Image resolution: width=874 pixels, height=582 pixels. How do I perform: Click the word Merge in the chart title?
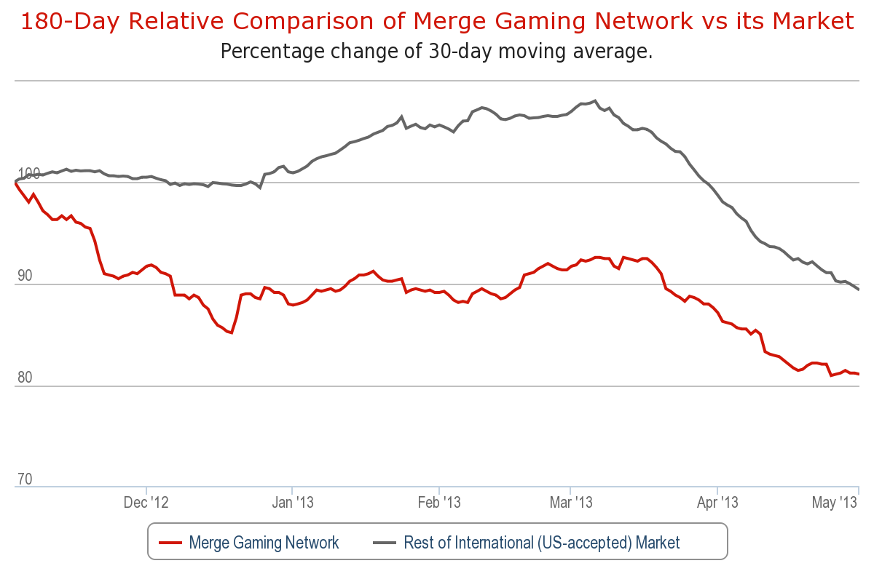[x=449, y=22]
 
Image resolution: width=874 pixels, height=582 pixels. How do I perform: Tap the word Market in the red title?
[x=813, y=20]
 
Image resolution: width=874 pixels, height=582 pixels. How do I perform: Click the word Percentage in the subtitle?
[x=272, y=52]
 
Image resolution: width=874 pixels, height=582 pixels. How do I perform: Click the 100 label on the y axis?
[x=29, y=173]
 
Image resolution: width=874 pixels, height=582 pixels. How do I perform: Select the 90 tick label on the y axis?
[x=25, y=276]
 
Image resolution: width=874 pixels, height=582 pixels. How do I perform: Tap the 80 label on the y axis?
[x=25, y=378]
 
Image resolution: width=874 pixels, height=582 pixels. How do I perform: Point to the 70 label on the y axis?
[x=25, y=479]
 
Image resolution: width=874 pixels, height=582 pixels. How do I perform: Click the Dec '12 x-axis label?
[x=146, y=503]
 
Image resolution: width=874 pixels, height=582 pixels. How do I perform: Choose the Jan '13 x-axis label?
[x=293, y=503]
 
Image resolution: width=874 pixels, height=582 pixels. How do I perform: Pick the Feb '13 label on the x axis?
[x=439, y=503]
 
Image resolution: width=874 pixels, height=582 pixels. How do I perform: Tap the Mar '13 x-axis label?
[x=571, y=503]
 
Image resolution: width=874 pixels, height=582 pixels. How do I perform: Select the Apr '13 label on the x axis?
[x=717, y=503]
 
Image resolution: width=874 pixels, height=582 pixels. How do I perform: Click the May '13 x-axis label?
[x=834, y=503]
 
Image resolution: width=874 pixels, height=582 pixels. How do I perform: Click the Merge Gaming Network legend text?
[x=264, y=543]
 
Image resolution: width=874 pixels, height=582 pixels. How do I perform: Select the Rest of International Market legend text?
[x=542, y=543]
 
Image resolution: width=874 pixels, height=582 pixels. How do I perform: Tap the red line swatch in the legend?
[x=170, y=543]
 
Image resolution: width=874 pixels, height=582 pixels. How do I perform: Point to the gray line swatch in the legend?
[x=385, y=543]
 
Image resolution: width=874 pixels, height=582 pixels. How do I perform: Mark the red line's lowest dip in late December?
[x=232, y=332]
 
